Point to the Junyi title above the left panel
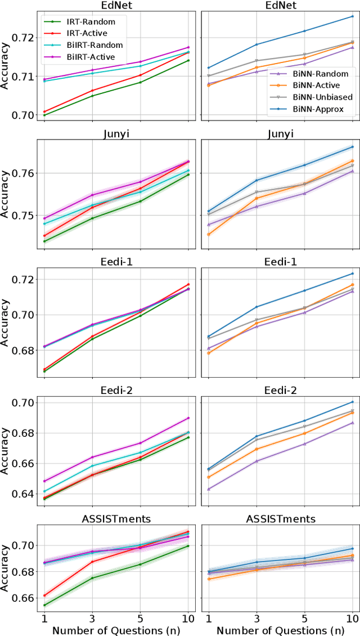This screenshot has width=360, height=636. (116, 133)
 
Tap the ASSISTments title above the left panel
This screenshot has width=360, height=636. (116, 518)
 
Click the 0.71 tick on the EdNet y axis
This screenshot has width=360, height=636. (25, 77)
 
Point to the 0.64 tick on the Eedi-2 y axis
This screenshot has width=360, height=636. (25, 494)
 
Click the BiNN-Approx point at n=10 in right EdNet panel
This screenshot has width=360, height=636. (353, 16)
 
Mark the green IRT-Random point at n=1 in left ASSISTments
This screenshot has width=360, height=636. (44, 605)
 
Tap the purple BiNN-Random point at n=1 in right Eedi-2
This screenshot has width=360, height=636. (209, 489)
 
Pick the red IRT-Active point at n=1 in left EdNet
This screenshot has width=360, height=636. (44, 111)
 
